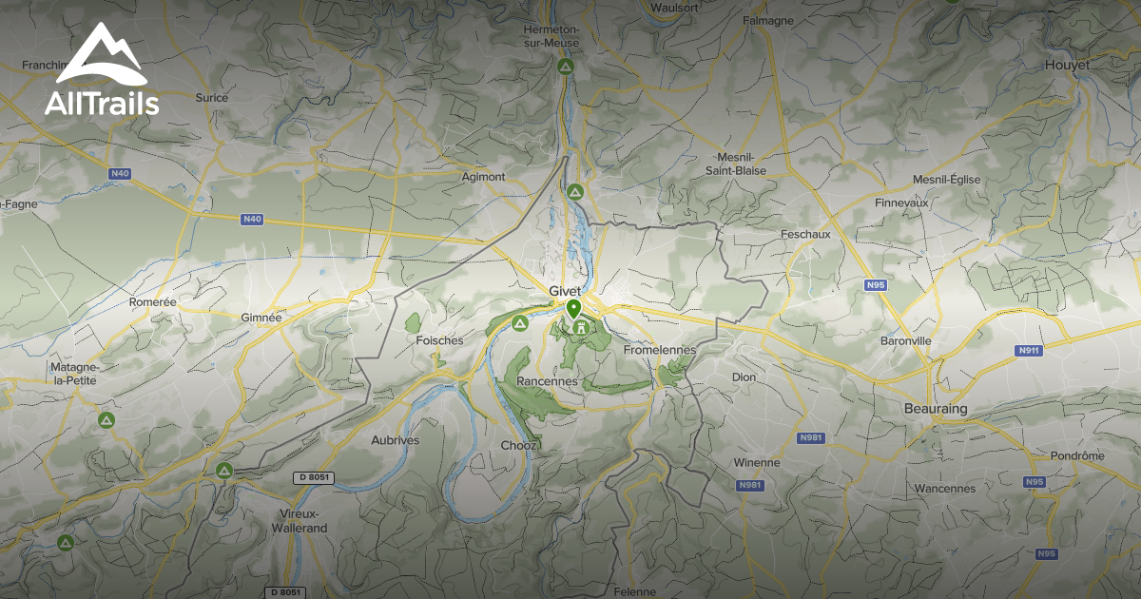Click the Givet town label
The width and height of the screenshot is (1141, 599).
[x=565, y=291]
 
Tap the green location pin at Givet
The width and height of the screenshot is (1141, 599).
[x=573, y=309]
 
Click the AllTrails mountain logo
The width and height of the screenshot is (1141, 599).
[x=101, y=56]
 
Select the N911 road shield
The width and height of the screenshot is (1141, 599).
[x=1028, y=350]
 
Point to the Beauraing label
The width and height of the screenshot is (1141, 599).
[x=935, y=408]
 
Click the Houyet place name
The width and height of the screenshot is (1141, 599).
[x=1066, y=65]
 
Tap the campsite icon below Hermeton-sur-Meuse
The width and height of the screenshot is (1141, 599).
[x=565, y=67]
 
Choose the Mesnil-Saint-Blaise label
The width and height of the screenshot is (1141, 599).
[x=735, y=164]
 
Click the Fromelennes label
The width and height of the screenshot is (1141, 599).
[x=660, y=350]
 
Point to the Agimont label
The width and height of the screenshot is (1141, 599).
[x=482, y=177]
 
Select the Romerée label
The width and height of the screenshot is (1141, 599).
[x=152, y=301]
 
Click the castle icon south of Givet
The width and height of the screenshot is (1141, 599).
[x=574, y=327]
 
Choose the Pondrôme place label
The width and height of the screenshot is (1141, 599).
[x=1077, y=455]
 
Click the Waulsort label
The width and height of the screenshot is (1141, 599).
[x=675, y=8]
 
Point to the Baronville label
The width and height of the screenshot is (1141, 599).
[x=905, y=340]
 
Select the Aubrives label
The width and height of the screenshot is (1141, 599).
[x=395, y=440]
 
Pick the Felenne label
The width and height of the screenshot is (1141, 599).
[x=635, y=590]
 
